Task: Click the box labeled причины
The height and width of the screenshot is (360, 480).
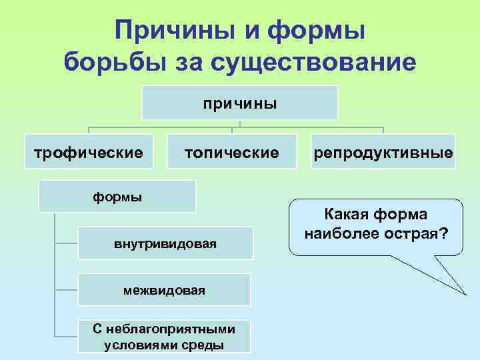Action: [x=240, y=103]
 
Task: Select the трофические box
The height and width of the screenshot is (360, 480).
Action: [x=89, y=153]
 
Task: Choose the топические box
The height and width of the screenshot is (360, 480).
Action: [x=231, y=153]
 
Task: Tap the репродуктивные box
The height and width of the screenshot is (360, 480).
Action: [x=385, y=153]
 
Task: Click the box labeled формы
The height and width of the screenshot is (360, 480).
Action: [x=117, y=197]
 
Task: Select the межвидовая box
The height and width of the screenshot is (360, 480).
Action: [x=164, y=290]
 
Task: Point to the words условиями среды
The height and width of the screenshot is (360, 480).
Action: [x=164, y=345]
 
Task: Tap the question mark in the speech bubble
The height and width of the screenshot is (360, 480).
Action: [x=443, y=235]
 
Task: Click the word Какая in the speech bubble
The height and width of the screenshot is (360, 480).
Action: [x=347, y=215]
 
